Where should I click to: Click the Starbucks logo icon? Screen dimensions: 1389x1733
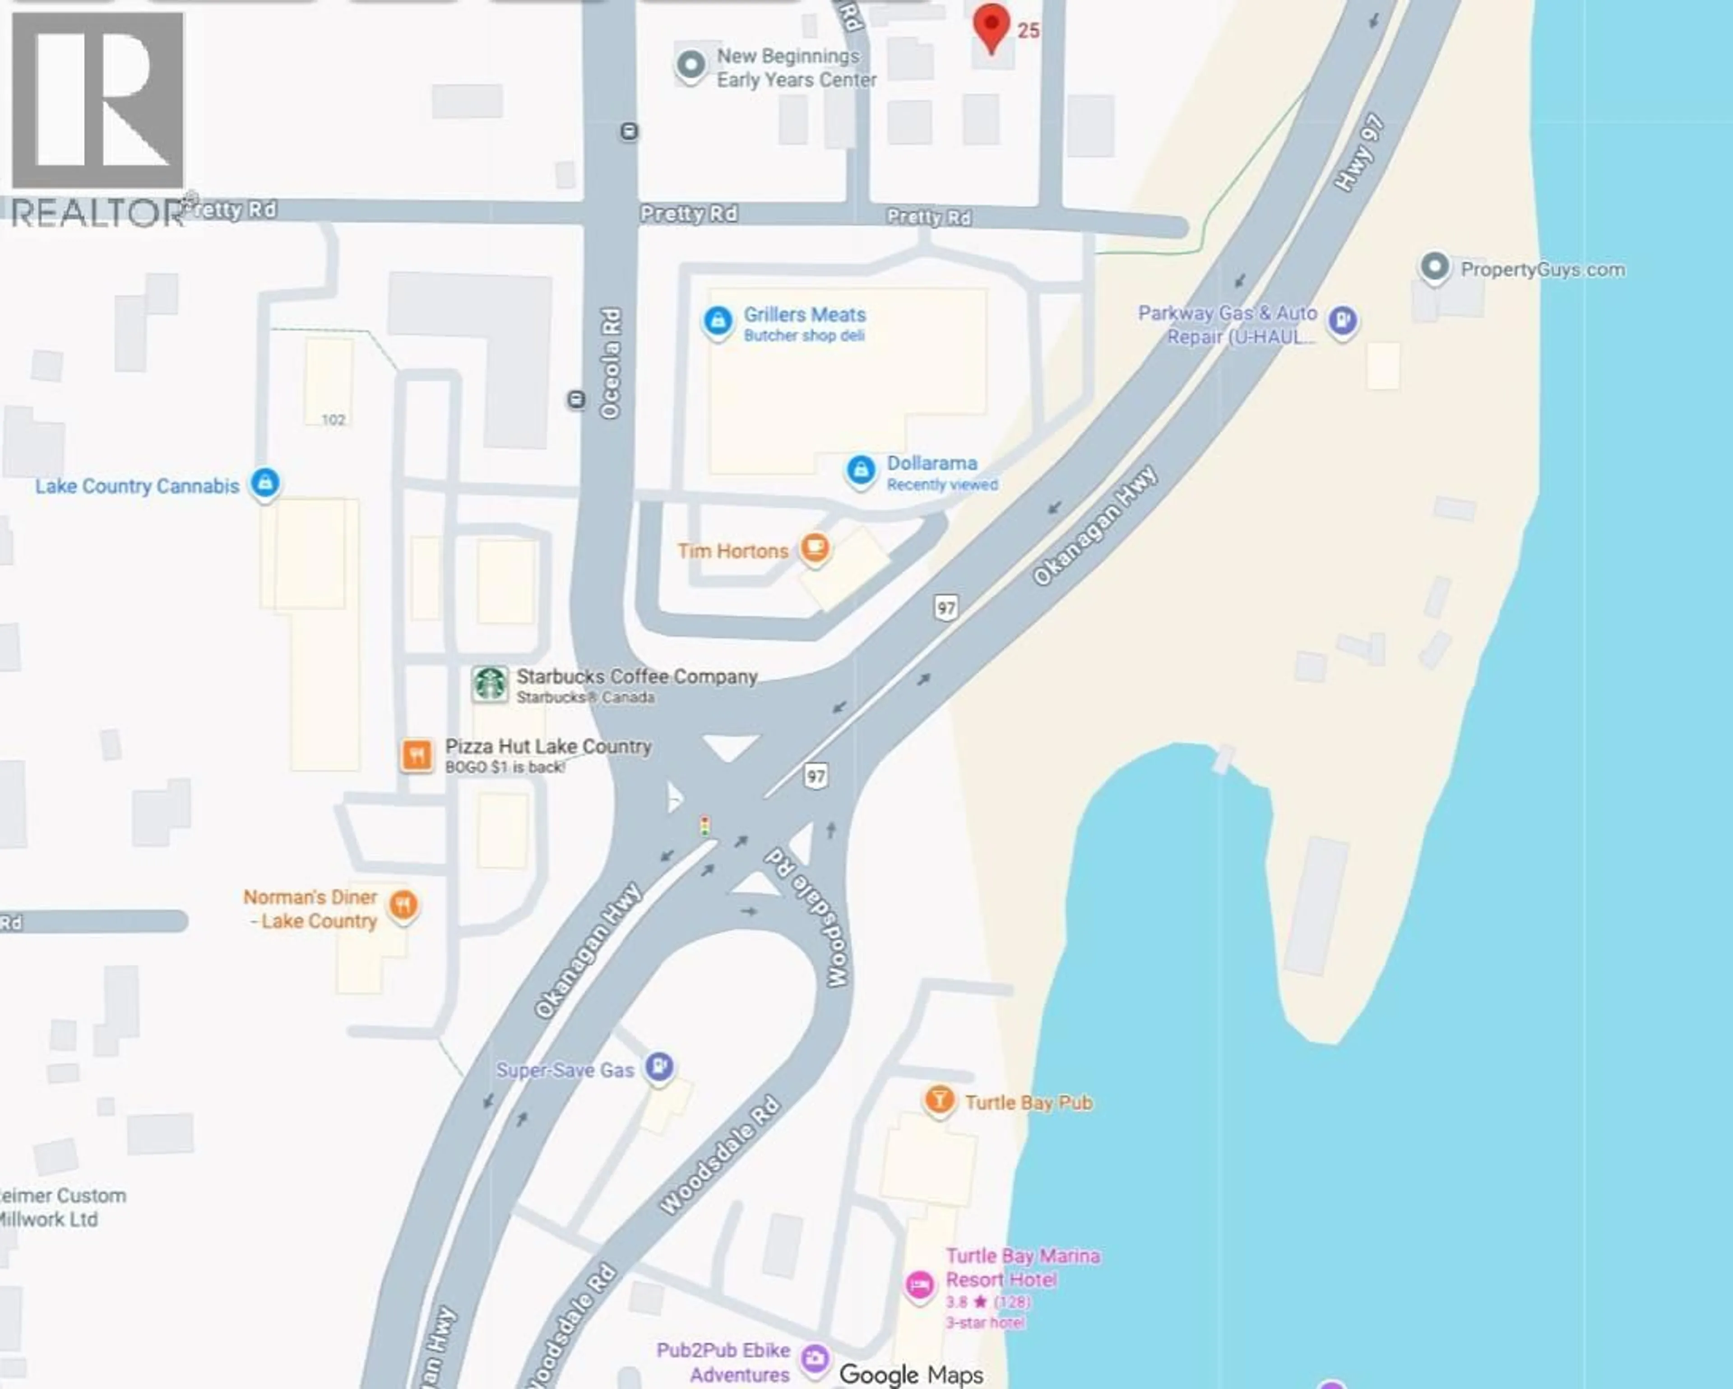[490, 685]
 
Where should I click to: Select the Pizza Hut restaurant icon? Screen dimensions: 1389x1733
[417, 755]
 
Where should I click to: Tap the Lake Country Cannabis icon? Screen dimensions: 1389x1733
[265, 483]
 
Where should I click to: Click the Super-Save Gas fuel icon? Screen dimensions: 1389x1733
[660, 1067]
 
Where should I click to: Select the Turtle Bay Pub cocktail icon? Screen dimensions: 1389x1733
[938, 1099]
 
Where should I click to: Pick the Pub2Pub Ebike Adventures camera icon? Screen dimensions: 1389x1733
[815, 1358]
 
